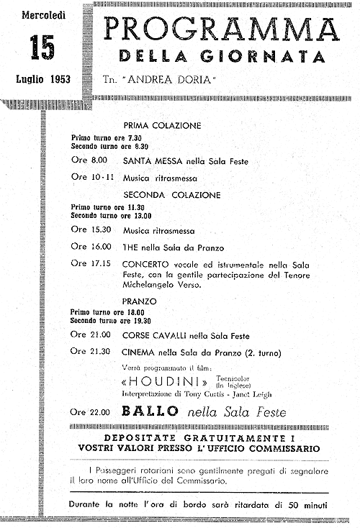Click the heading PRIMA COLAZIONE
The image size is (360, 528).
[x=163, y=124]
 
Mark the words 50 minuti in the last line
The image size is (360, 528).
[x=304, y=504]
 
